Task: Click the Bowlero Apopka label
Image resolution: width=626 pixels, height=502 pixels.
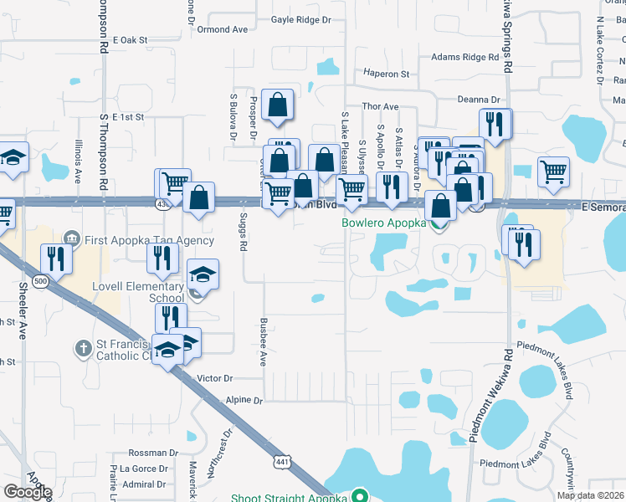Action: pos(383,223)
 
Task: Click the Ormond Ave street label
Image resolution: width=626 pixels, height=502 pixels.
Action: pos(223,29)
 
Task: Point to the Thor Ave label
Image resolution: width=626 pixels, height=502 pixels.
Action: pos(380,107)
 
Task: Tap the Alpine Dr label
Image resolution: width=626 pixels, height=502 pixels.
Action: pos(244,401)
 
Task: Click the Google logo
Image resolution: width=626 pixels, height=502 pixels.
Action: pos(28,491)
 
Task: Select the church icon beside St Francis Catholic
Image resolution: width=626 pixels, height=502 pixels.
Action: pos(83,347)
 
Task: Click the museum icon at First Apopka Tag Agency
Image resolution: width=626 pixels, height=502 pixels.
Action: pos(71,241)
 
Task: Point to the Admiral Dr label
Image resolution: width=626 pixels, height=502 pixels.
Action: pos(143,484)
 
